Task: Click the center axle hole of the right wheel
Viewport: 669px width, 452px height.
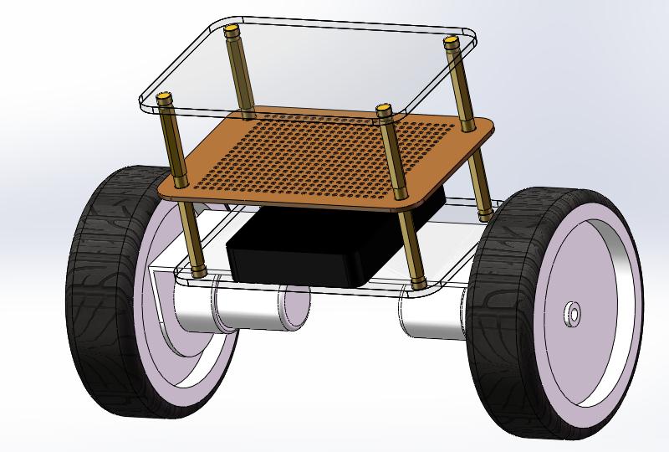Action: click(x=573, y=313)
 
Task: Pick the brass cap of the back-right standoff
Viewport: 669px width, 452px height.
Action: click(x=452, y=42)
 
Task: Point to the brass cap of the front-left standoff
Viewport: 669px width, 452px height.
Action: click(x=166, y=98)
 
